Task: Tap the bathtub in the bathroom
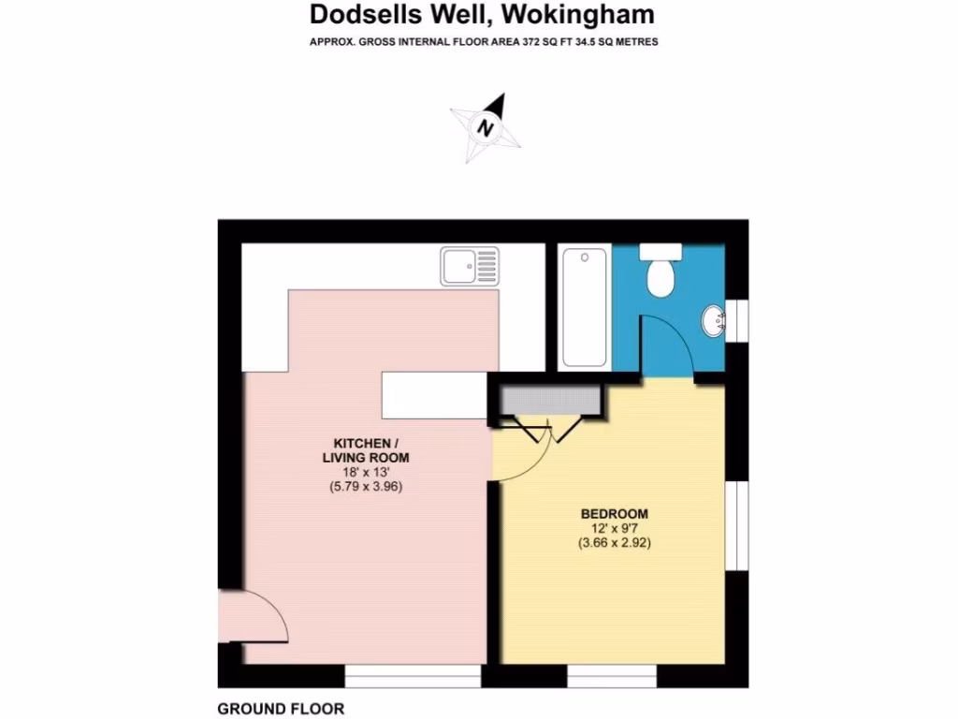click(584, 307)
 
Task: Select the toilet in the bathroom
click(663, 271)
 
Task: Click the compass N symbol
click(486, 127)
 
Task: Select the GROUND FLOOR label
click(281, 709)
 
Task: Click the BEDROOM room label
click(615, 513)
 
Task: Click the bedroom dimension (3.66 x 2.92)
click(615, 542)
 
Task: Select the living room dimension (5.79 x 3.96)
click(372, 486)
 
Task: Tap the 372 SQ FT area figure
click(509, 42)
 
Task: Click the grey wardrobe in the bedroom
click(548, 400)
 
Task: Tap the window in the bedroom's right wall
click(737, 524)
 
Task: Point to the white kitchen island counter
click(435, 395)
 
